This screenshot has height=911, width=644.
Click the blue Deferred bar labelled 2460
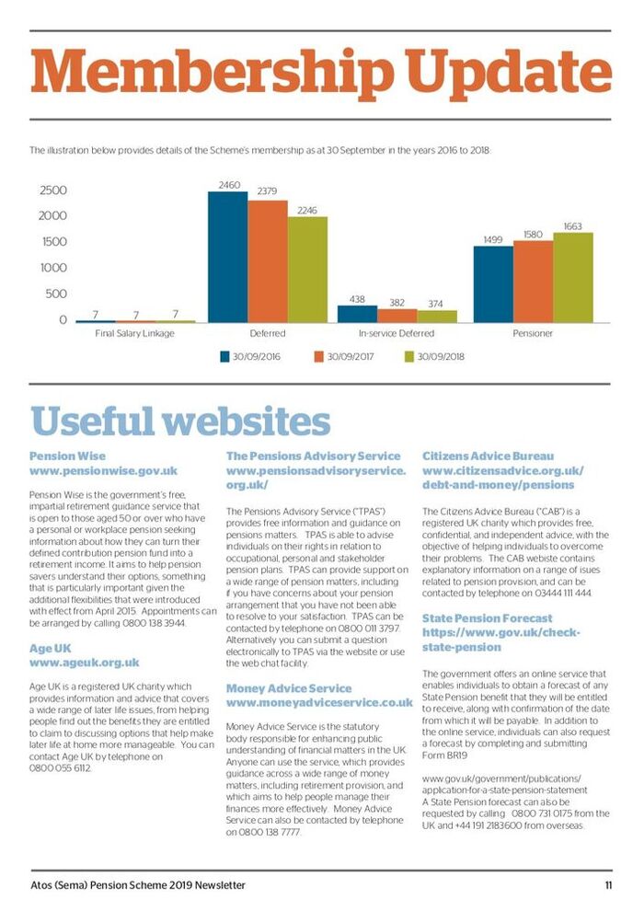coord(227,257)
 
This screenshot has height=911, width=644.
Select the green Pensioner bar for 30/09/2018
coord(573,278)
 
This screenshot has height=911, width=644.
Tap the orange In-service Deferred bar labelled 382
coord(397,316)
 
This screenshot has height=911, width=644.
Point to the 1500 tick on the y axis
coord(54,242)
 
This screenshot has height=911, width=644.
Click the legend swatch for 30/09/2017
coord(318,357)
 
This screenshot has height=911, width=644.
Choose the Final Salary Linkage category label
coord(134,333)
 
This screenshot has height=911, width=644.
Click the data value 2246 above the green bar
coord(307,211)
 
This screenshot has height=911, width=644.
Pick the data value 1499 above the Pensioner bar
coord(493,239)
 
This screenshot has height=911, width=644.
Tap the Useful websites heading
coord(180,421)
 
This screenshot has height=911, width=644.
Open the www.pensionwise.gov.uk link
coord(103,470)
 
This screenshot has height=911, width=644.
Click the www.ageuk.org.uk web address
coord(85,663)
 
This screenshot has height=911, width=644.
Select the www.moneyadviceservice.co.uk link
coord(319,702)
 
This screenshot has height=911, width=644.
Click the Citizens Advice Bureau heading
coord(488,456)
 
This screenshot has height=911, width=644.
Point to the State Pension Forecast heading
coord(488,618)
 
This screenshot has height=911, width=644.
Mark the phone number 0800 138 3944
coord(154,623)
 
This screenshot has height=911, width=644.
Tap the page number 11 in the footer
coord(608,885)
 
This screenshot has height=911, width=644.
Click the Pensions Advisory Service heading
coord(313,456)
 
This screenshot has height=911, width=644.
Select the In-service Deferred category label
coord(397,333)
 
